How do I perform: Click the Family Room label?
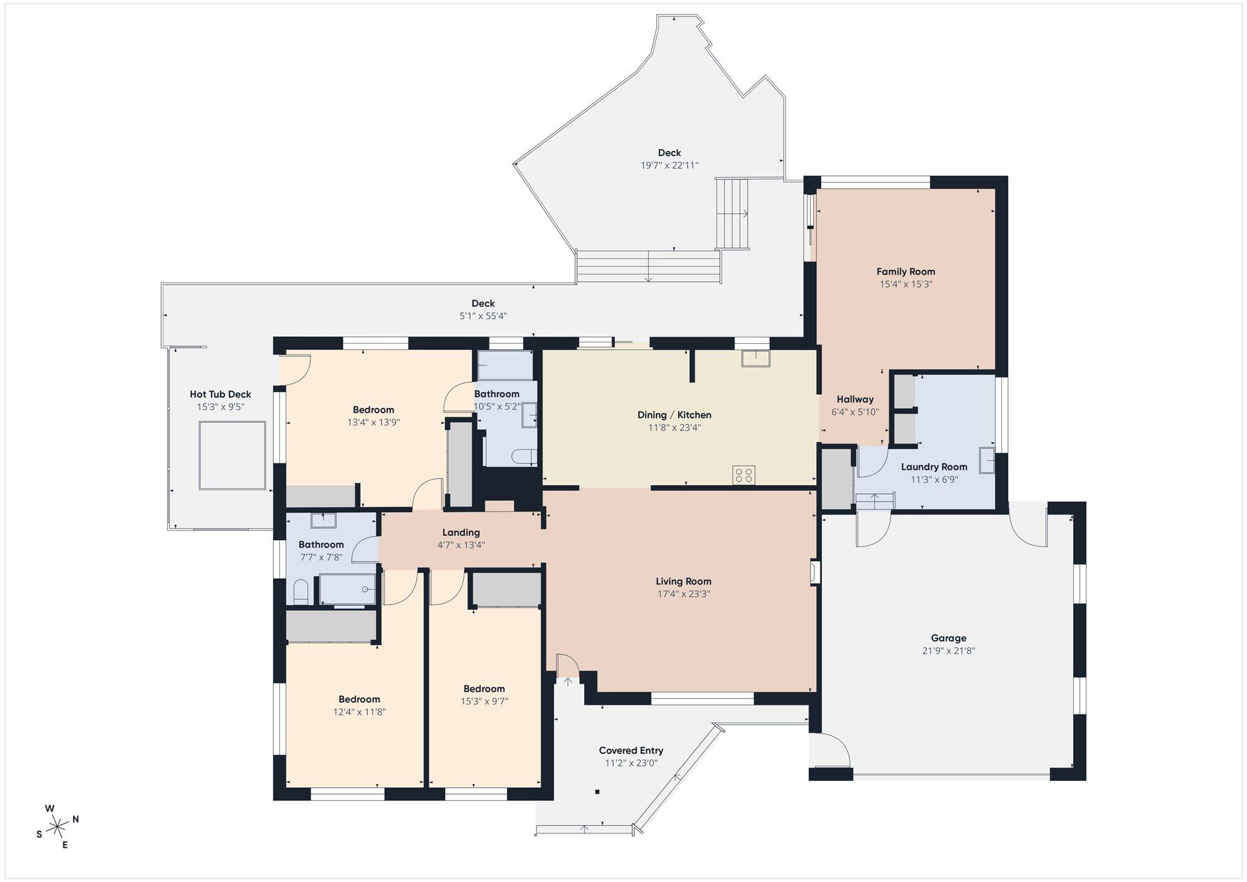[905, 271]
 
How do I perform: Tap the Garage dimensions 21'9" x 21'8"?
[948, 651]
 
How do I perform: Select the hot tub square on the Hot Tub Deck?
[233, 455]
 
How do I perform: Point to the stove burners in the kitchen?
[744, 475]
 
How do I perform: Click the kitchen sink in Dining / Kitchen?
[756, 358]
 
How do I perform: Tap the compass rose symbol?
[57, 826]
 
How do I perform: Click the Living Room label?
[683, 581]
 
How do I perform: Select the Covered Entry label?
[631, 750]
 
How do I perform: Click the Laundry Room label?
[934, 467]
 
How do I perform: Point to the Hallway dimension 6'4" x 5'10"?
[855, 412]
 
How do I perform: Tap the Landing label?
[461, 532]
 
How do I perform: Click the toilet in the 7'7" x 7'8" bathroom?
[301, 592]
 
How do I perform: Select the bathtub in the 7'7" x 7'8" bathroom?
[348, 589]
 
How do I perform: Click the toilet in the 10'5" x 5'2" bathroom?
[524, 457]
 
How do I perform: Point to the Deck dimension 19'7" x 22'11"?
[670, 165]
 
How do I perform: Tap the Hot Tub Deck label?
[220, 394]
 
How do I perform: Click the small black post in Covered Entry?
[597, 792]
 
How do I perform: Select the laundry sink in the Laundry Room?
[986, 460]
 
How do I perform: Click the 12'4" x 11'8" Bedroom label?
[359, 699]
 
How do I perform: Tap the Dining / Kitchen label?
[674, 415]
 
